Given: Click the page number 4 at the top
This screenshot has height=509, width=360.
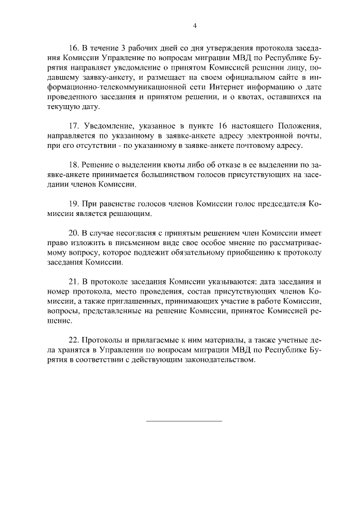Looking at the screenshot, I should (195, 26).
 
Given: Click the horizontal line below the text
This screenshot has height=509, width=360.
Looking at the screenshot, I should (184, 421).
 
